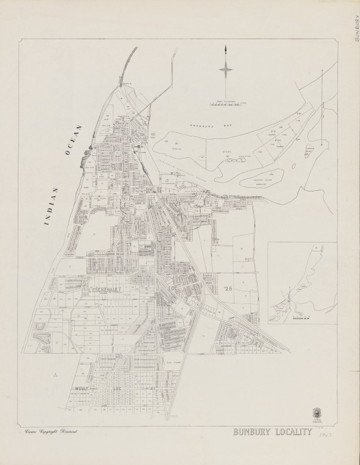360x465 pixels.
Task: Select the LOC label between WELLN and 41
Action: pyautogui.click(x=116, y=387)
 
